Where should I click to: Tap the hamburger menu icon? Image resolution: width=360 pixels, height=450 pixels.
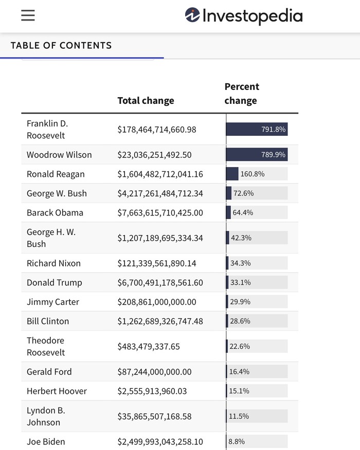(x=28, y=15)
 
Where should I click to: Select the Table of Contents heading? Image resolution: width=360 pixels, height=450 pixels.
(x=61, y=45)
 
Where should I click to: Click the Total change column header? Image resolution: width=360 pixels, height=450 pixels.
(x=146, y=101)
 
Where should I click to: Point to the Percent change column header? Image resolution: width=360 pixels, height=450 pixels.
(x=242, y=94)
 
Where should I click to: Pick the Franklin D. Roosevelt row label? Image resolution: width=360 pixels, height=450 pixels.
(x=47, y=130)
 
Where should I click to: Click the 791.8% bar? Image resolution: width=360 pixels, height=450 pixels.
(x=257, y=130)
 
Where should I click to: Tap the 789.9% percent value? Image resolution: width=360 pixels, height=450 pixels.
(x=273, y=155)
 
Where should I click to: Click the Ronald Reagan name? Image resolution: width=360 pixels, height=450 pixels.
(x=56, y=174)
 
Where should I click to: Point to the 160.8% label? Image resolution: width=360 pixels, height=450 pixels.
(x=252, y=174)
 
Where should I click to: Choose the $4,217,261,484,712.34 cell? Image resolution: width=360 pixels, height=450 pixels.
(x=160, y=193)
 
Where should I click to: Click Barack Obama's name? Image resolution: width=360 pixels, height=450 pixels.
(x=55, y=213)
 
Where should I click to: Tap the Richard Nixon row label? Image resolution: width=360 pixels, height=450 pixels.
(x=53, y=263)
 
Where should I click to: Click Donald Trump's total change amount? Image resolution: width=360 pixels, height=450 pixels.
(x=160, y=283)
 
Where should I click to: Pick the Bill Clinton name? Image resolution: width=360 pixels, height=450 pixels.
(x=48, y=321)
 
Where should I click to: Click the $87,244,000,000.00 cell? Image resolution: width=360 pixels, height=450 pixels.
(x=154, y=372)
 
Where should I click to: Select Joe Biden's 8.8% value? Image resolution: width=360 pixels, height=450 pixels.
(x=237, y=442)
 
